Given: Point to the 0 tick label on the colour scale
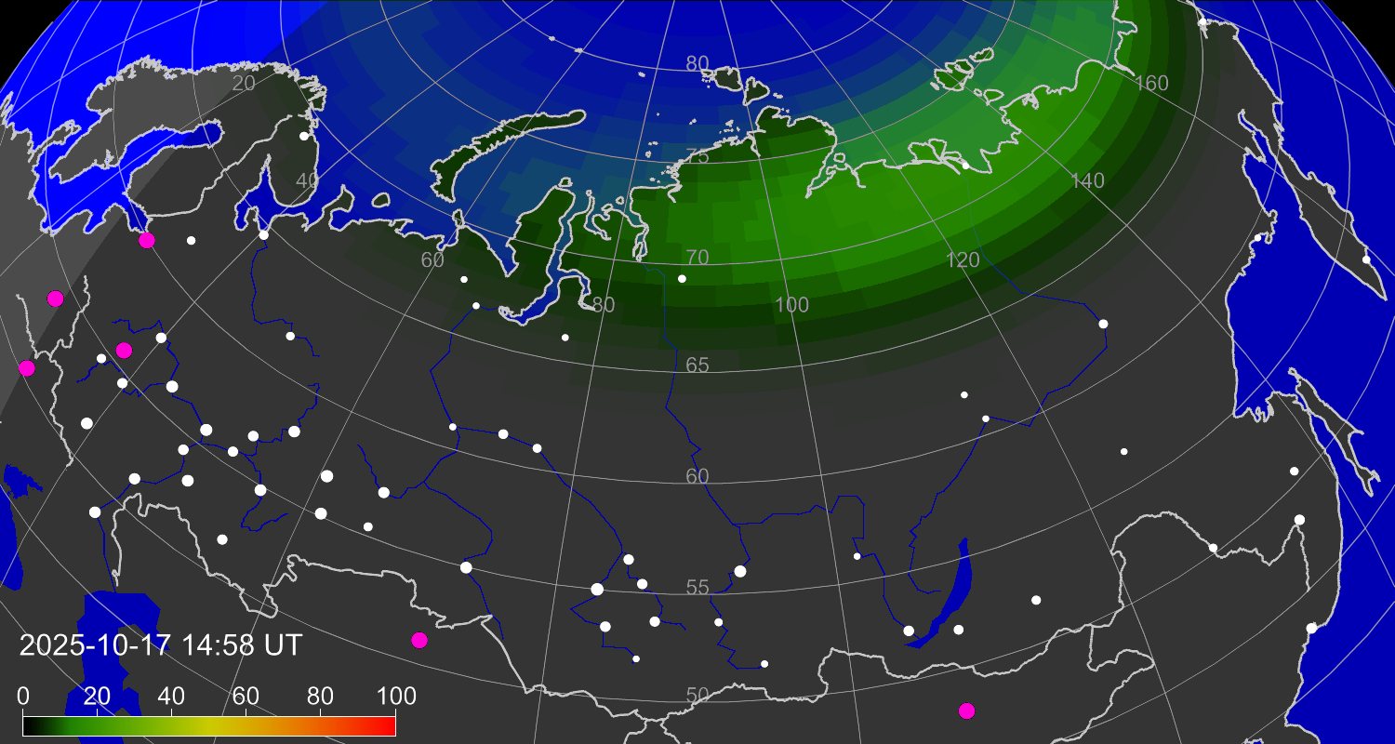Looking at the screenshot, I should coord(23,696).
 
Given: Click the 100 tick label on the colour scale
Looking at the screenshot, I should coord(395,696).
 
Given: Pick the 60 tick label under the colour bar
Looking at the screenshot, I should coord(246,696).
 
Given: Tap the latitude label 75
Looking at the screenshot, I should coord(697,155).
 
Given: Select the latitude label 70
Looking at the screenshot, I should coord(697,257).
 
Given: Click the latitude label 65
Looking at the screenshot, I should coord(697,365).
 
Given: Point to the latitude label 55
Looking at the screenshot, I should coord(697,587).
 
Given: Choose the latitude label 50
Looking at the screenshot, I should coord(697,695).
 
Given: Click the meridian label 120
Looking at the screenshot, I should coord(963,260).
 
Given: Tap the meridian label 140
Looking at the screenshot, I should coord(1087,181).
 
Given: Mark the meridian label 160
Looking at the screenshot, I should coord(1151,84).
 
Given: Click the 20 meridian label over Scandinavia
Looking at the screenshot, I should coord(244,83).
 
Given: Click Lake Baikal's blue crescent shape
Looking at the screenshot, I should coord(946,595).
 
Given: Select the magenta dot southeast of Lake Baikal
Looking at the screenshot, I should coord(967,711).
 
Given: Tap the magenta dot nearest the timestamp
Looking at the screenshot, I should coord(419,640).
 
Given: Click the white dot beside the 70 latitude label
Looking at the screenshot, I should coord(682,279).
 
